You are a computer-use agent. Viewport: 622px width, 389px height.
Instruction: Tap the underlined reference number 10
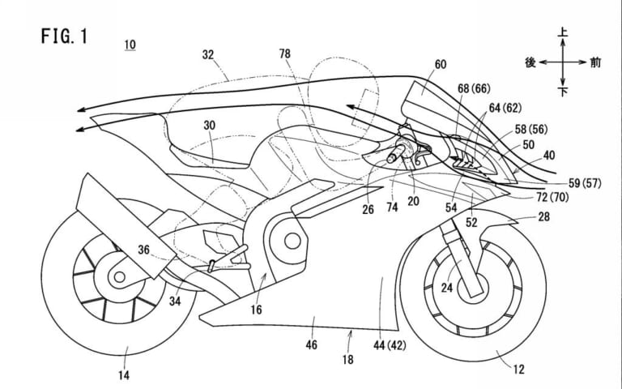[x=130, y=45]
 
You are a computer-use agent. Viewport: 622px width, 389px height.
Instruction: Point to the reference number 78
[x=284, y=54]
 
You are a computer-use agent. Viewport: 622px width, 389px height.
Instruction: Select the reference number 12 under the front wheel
[x=519, y=370]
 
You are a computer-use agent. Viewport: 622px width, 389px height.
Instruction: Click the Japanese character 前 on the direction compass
[x=596, y=62]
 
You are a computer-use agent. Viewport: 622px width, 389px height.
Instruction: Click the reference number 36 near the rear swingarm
[x=145, y=250]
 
